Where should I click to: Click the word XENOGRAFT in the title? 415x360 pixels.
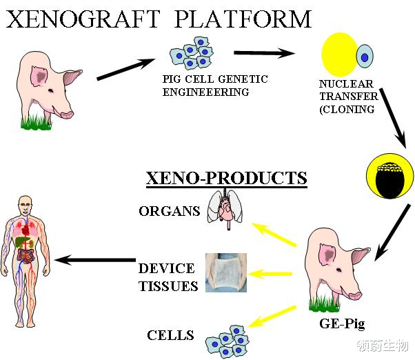click(x=83, y=19)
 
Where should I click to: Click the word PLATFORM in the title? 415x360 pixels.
click(x=243, y=19)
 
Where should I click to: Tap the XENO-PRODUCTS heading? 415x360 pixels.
click(x=227, y=178)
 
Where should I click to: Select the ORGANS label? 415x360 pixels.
click(x=170, y=211)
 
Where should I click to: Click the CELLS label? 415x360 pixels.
click(x=170, y=335)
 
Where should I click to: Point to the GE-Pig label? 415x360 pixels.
click(x=342, y=324)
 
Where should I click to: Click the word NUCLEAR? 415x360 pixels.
click(x=346, y=84)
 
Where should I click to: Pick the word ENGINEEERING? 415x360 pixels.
click(x=205, y=92)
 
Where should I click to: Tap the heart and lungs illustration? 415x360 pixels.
click(x=225, y=209)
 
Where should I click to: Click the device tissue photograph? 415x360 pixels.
click(x=226, y=272)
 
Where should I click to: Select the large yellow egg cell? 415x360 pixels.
click(x=339, y=54)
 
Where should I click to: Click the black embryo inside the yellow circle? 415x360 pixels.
click(x=389, y=181)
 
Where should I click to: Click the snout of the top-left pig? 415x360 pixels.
click(x=67, y=114)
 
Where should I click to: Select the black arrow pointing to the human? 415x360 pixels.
click(x=95, y=260)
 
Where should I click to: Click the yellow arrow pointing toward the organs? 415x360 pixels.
click(x=274, y=234)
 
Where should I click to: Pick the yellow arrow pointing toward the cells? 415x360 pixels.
click(x=272, y=317)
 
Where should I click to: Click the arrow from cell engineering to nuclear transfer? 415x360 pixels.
click(x=265, y=53)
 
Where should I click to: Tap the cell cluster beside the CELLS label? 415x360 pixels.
click(x=227, y=341)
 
